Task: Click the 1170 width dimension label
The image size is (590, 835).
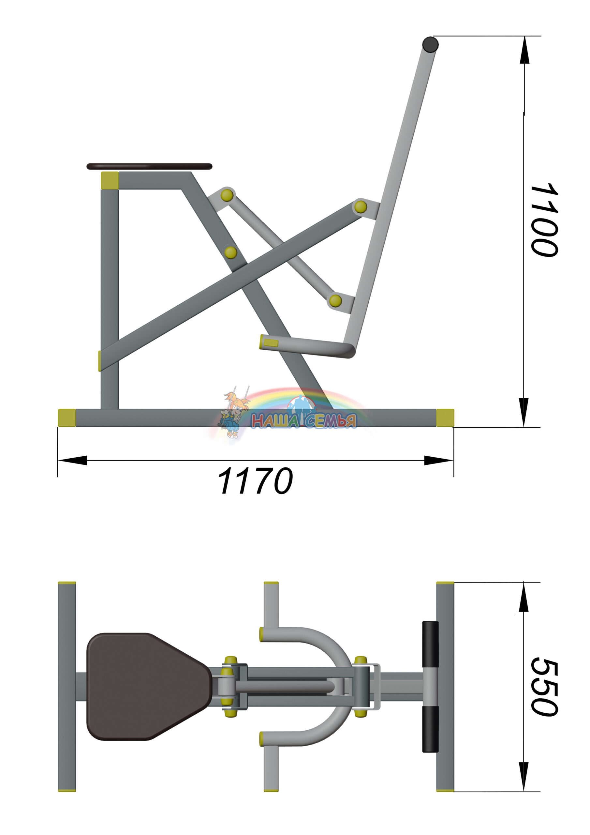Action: [x=255, y=481]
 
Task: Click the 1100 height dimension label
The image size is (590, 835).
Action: [x=544, y=220]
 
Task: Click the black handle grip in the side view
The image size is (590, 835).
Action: [x=430, y=44]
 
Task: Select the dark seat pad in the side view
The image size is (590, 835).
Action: [x=149, y=167]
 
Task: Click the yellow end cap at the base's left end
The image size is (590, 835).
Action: [x=67, y=418]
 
